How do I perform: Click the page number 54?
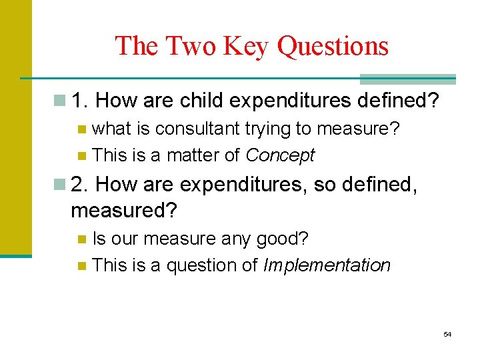pos(447,334)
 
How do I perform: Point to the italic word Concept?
pos(280,156)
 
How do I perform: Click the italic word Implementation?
pos(327,265)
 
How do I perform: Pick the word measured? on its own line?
pos(124,211)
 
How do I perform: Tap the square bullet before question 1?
pos(61,101)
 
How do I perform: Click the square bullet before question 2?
pos(61,183)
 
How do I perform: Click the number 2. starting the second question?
pos(80,183)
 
